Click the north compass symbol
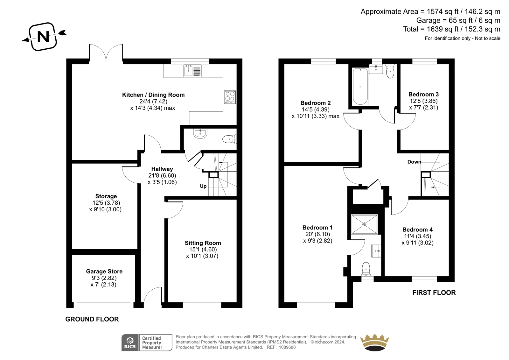43,37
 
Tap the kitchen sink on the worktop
192,70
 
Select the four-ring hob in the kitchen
230,97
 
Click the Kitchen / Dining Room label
153,95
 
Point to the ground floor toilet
229,139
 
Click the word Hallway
162,169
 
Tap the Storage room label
106,196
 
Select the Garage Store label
104,271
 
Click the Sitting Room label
203,243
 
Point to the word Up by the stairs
203,186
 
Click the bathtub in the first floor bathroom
360,87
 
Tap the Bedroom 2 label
315,103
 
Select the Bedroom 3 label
423,95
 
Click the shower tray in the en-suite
364,224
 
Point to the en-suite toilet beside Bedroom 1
366,269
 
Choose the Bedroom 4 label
417,230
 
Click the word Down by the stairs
414,162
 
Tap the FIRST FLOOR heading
434,293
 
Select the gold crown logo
375,342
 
